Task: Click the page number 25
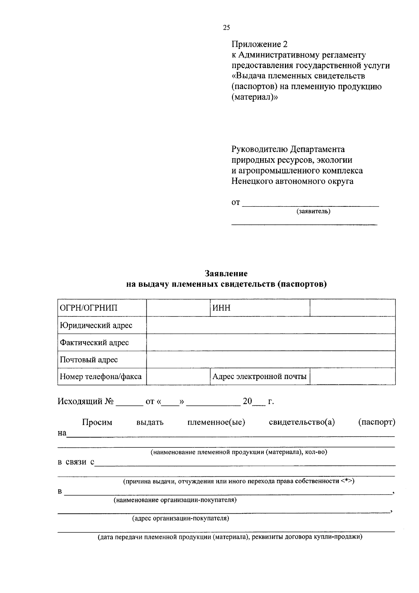click(226, 28)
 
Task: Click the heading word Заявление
click(226, 273)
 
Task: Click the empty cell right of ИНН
click(352, 308)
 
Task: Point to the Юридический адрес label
click(96, 325)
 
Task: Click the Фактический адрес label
click(94, 343)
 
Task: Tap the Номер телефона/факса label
click(101, 377)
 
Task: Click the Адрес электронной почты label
click(259, 377)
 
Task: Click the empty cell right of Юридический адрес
click(271, 325)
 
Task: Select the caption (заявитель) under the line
click(313, 211)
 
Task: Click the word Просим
click(97, 423)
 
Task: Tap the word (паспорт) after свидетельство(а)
click(377, 423)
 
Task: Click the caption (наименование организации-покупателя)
click(175, 500)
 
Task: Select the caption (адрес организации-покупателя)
click(181, 518)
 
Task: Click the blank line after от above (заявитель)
click(310, 204)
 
